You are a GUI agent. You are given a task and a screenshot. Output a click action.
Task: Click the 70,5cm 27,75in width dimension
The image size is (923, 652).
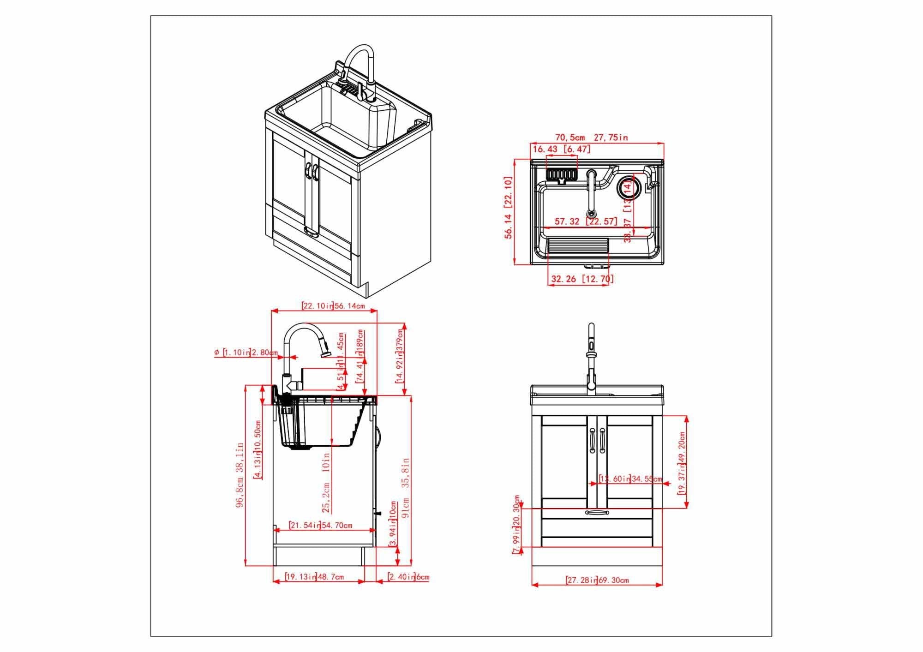[x=591, y=138]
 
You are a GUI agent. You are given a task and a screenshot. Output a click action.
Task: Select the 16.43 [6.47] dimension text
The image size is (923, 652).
[x=562, y=149]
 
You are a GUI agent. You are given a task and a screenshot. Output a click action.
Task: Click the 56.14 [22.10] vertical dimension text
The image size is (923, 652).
[x=508, y=207]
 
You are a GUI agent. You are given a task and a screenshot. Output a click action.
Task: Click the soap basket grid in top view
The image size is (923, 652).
[x=561, y=174]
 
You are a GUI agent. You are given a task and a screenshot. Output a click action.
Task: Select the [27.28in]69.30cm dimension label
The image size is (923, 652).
[x=597, y=580]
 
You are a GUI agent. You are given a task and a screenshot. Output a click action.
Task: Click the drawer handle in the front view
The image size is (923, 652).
[x=597, y=513]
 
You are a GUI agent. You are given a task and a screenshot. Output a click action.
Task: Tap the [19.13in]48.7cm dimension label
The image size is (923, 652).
[x=314, y=577]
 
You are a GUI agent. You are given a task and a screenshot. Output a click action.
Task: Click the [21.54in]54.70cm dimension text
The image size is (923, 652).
[x=320, y=525]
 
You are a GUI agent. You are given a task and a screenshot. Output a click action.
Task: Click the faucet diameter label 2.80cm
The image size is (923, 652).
[x=246, y=353]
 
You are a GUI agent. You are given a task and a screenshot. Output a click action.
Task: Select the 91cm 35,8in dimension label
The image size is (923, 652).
[x=406, y=488]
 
